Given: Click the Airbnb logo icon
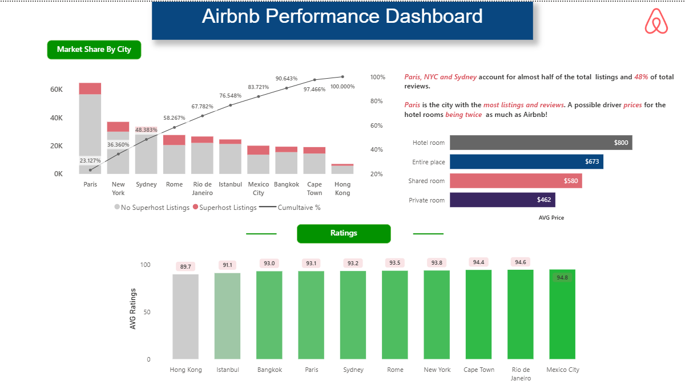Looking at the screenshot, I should coord(656,21).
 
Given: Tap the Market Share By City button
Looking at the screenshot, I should coord(94,50).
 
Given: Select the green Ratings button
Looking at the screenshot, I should coord(344,233).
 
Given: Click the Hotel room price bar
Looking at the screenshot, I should coord(541,143).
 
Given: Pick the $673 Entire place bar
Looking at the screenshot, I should coord(526,162).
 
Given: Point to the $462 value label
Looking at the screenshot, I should coord(543,200).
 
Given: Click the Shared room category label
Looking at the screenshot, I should coord(426,181).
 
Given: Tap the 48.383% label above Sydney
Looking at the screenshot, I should coord(146,130).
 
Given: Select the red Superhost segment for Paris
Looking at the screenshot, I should coord(90,88).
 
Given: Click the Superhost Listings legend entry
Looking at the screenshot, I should coord(225,208).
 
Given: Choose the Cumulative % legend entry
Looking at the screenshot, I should coord(293,208).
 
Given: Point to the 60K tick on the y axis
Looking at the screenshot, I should coord(57,90).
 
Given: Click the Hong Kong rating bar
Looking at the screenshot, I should coord(186,317).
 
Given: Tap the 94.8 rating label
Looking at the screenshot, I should coord(562,278).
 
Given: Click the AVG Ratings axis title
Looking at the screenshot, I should coord(134,309).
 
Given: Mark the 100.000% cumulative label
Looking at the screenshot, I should coord(342,87).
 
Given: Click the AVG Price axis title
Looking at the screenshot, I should coord(551,218).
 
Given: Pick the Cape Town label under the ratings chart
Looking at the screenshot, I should coord(479,370).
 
